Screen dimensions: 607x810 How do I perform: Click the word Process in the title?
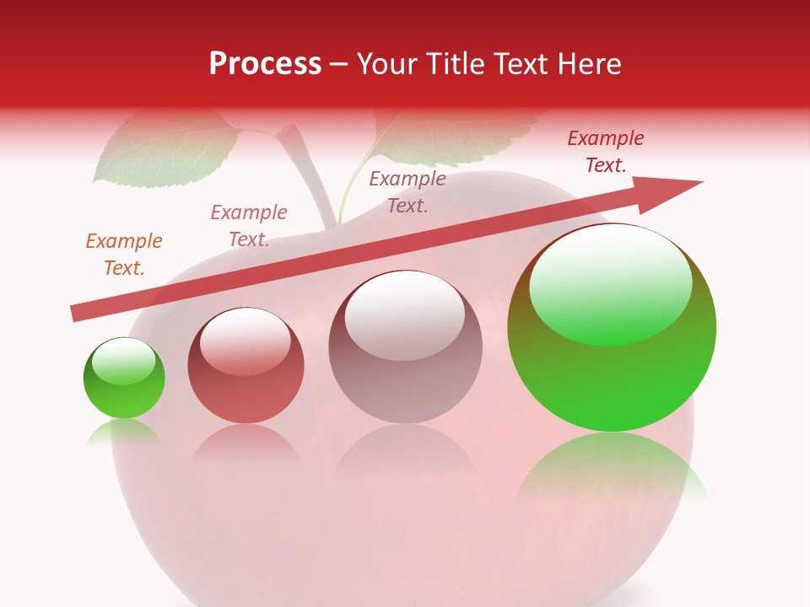tap(265, 64)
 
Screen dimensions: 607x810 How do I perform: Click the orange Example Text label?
tap(123, 255)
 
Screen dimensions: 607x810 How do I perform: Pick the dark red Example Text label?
tap(605, 152)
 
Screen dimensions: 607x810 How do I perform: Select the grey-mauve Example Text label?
tap(408, 192)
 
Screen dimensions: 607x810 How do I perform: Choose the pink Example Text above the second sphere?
tap(248, 226)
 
